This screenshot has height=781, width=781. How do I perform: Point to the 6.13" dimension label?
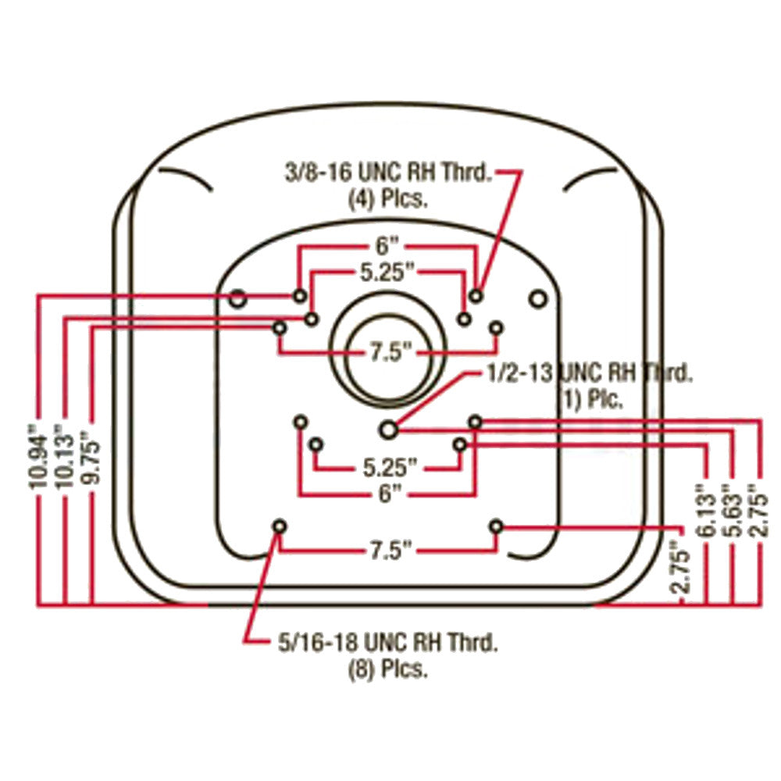pyautogui.click(x=707, y=512)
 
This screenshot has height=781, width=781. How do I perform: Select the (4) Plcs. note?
pyautogui.click(x=387, y=198)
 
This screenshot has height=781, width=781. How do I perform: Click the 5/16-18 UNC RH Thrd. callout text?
pyautogui.click(x=387, y=644)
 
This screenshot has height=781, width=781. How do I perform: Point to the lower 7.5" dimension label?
pyautogui.click(x=387, y=551)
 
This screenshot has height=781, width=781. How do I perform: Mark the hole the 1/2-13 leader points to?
pyautogui.click(x=388, y=428)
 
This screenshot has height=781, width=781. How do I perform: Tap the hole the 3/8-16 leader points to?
pyautogui.click(x=476, y=296)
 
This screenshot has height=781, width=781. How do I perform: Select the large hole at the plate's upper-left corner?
pyautogui.click(x=237, y=297)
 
